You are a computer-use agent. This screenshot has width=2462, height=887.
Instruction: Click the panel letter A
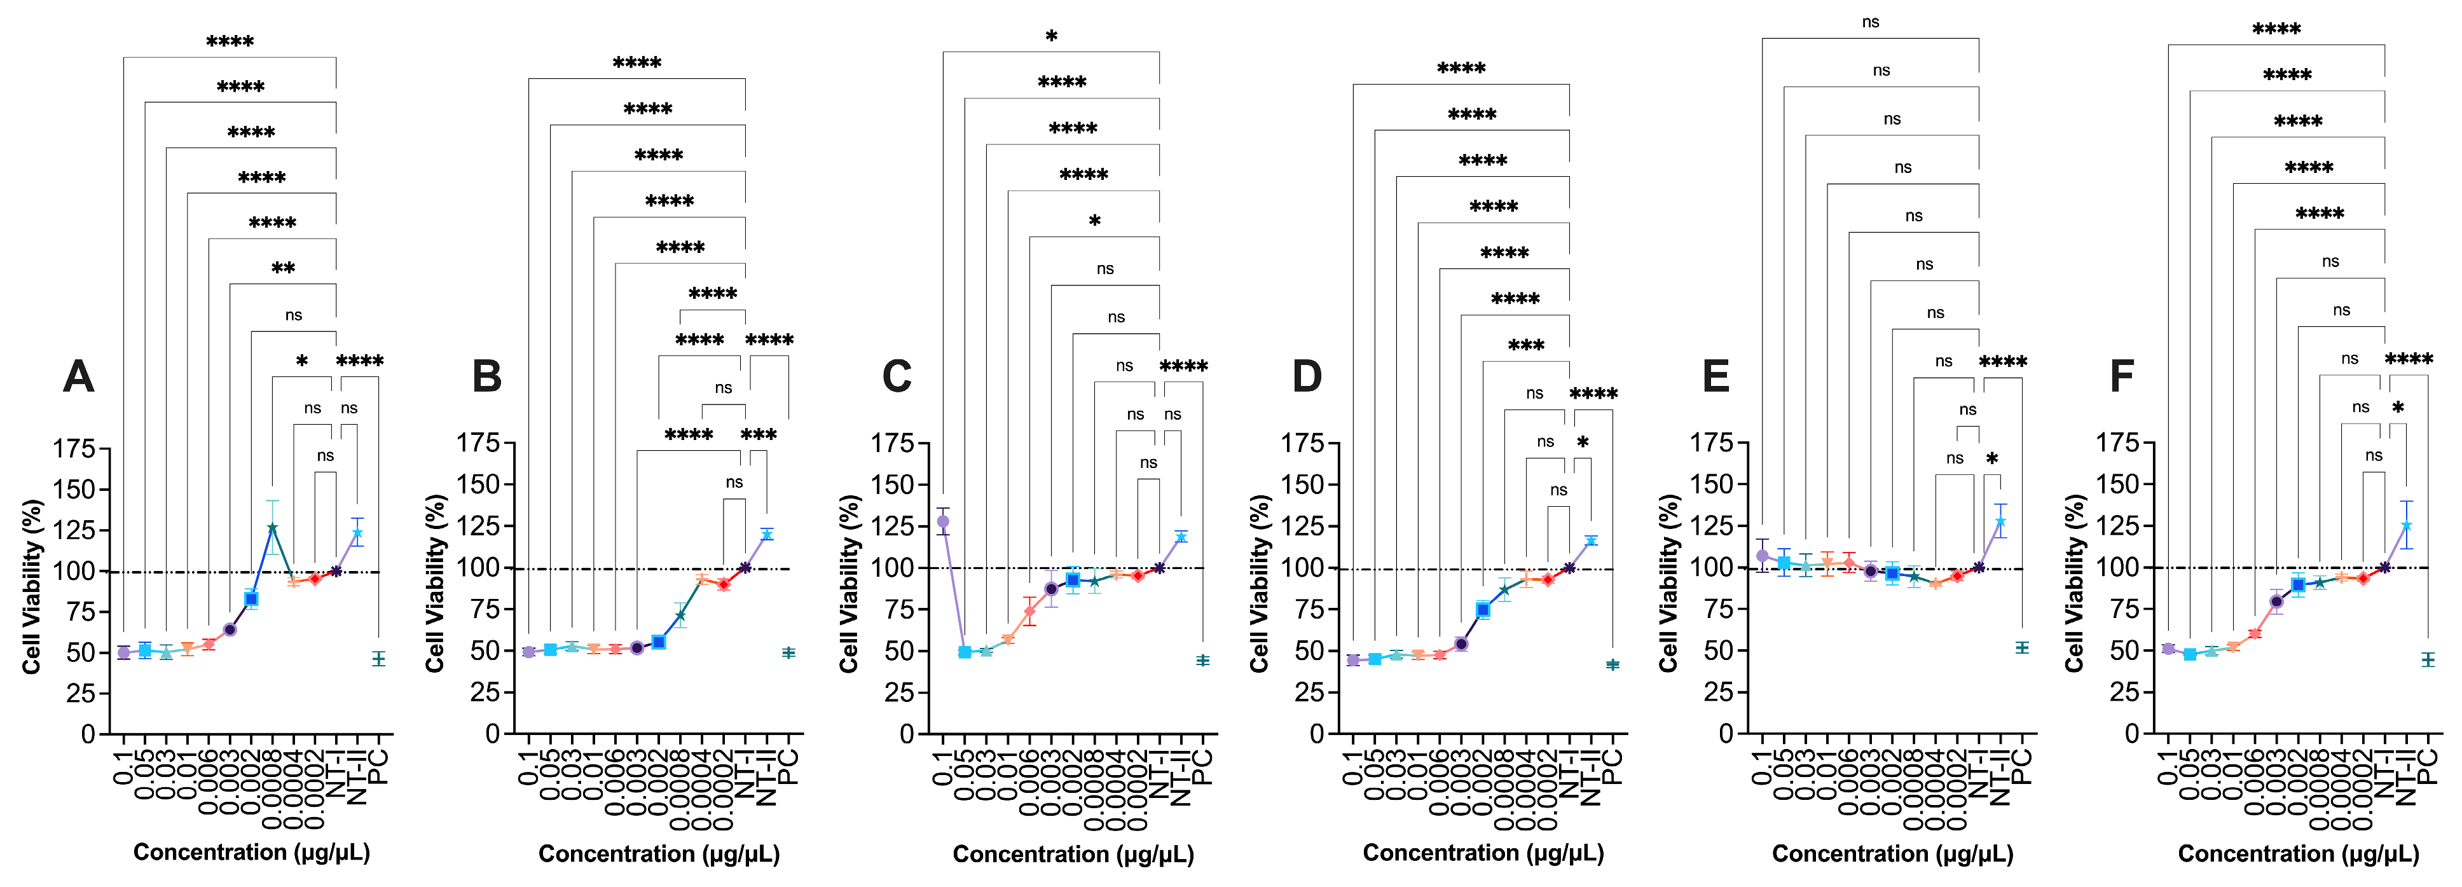click(78, 376)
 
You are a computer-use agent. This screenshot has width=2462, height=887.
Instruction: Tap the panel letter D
click(1307, 376)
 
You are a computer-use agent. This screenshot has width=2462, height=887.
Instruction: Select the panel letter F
click(2122, 376)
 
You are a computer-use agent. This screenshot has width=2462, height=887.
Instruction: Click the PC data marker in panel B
click(788, 653)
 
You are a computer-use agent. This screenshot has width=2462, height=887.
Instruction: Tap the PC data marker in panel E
click(2021, 648)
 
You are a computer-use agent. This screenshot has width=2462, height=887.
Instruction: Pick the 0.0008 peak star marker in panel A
click(272, 528)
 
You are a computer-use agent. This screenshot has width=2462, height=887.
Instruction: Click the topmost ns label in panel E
click(1871, 22)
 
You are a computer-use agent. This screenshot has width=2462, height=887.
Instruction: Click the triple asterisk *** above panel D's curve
click(1526, 346)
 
